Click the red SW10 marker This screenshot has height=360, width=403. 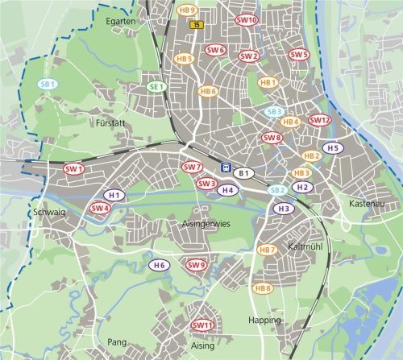click(x=247, y=19)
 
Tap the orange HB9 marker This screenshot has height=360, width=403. click(x=187, y=10)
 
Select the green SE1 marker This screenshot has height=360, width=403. click(x=156, y=86)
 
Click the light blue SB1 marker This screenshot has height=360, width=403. click(x=48, y=84)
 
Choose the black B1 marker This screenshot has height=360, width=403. click(x=243, y=172)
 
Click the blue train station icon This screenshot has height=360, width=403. click(x=226, y=168)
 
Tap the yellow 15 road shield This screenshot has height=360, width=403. click(x=197, y=25)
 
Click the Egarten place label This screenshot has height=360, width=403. click(x=120, y=22)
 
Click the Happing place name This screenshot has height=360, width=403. click(x=264, y=320)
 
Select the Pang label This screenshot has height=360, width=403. click(x=117, y=342)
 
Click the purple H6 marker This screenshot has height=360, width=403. click(x=160, y=265)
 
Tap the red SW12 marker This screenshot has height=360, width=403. click(x=320, y=120)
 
